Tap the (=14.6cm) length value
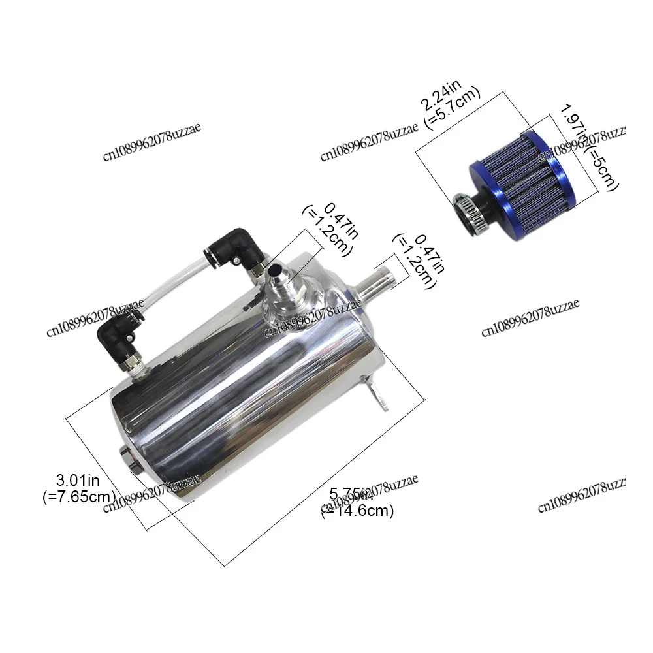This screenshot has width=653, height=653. pyautogui.click(x=358, y=511)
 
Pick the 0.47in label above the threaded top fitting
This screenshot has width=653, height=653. pyautogui.click(x=340, y=221)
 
